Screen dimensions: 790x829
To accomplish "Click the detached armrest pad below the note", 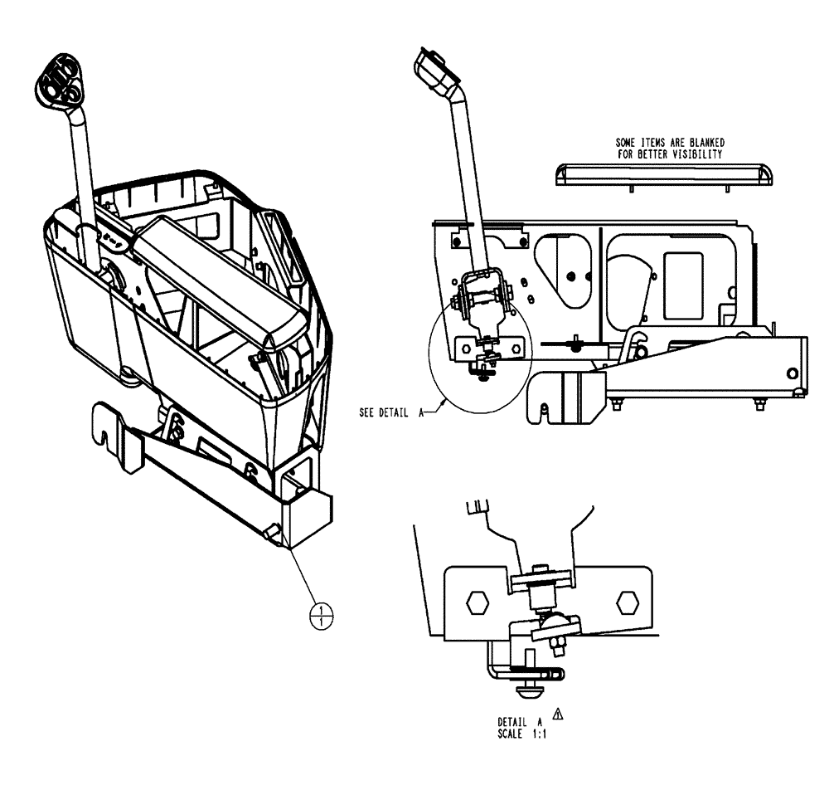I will tap(662, 174).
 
